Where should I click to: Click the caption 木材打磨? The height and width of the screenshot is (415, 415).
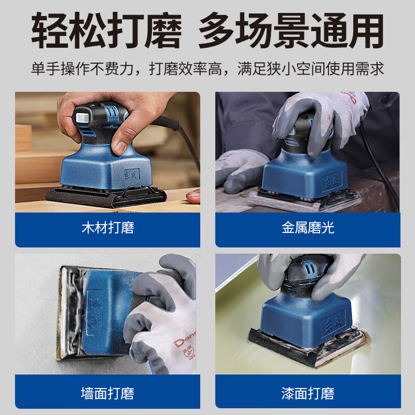pos(107,228)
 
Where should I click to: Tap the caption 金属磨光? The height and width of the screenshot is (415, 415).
pos(308,228)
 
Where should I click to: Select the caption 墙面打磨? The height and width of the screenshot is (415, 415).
pos(107,393)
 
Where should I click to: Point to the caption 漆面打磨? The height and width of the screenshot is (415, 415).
pos(308,393)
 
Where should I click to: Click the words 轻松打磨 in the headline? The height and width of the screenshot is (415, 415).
pos(107,32)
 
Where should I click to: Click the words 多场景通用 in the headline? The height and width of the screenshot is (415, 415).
pos(290,32)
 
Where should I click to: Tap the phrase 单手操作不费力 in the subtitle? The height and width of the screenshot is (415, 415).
pos(86,68)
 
